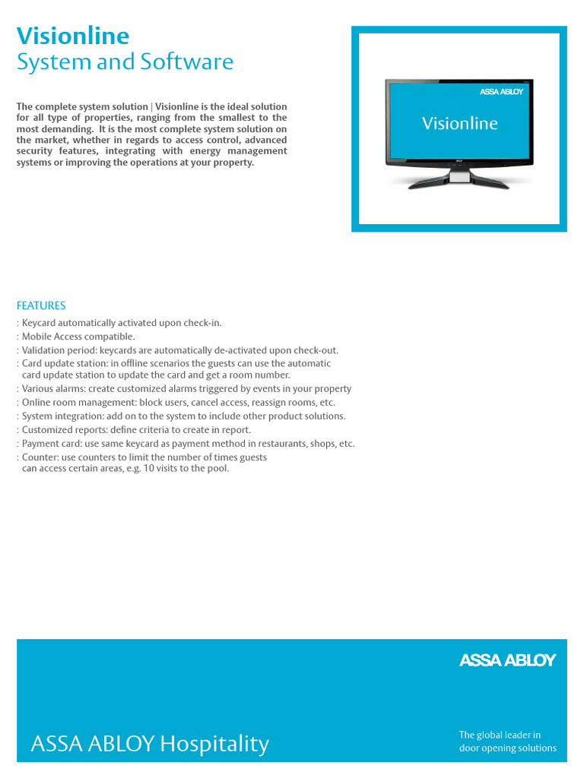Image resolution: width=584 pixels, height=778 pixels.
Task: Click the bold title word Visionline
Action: (x=73, y=36)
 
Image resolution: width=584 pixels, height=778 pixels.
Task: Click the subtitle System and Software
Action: (x=125, y=62)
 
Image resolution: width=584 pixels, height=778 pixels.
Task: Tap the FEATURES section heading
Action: (x=41, y=305)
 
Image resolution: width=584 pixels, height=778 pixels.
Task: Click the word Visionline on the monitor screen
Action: (x=459, y=123)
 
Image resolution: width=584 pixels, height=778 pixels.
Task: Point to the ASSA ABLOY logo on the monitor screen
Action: (x=501, y=92)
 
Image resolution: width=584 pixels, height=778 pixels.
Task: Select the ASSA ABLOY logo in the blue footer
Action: (x=507, y=660)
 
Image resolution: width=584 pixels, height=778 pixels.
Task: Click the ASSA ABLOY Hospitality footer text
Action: (x=150, y=744)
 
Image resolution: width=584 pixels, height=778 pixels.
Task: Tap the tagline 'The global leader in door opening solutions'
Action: (x=507, y=742)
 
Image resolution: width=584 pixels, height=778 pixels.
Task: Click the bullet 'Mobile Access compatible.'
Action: (x=78, y=337)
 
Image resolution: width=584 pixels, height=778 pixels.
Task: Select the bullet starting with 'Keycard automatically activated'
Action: (x=122, y=323)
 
